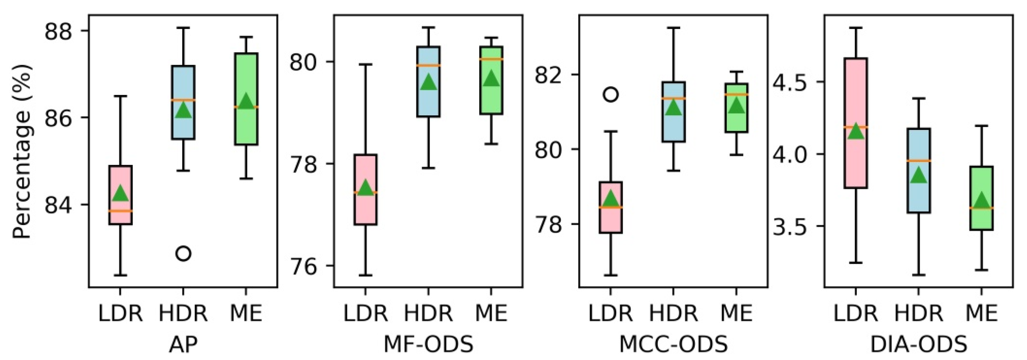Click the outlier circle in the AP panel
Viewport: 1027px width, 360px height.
click(x=183, y=254)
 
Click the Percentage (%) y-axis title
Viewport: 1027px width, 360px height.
click(x=22, y=151)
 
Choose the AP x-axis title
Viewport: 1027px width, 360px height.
click(x=183, y=344)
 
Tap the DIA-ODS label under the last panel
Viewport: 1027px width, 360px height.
click(x=918, y=344)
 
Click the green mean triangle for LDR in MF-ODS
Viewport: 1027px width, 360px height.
click(x=366, y=187)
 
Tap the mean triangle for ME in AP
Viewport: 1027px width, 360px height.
click(x=246, y=101)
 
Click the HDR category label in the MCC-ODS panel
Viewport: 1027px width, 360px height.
click(x=673, y=313)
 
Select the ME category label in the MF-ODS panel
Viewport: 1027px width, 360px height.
click(x=491, y=313)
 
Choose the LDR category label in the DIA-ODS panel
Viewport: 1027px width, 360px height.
click(x=856, y=313)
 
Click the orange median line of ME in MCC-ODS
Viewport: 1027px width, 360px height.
click(x=736, y=94)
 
